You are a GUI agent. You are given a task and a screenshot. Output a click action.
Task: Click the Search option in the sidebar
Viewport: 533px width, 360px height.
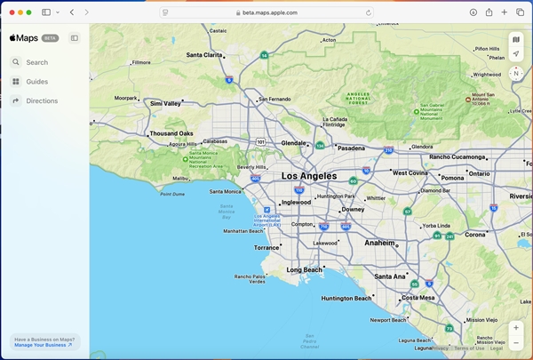point(36,62)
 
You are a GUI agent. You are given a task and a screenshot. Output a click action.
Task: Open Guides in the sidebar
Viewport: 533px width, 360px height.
point(36,82)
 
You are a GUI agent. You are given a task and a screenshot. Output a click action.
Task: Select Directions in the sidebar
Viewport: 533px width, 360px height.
point(41,101)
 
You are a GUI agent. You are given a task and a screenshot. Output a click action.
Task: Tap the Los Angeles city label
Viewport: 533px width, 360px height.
point(309,176)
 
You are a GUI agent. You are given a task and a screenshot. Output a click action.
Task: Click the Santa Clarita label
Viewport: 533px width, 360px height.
point(204,55)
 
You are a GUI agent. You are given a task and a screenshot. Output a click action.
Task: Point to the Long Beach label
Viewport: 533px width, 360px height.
point(305,269)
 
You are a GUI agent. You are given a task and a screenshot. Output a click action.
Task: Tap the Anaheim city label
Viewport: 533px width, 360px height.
point(379,243)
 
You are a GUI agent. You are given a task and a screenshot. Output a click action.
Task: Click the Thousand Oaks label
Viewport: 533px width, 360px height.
point(171,134)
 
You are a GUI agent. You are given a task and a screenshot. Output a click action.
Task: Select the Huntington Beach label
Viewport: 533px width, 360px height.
point(346,299)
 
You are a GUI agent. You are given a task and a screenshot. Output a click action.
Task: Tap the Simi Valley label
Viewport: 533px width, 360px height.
point(165,104)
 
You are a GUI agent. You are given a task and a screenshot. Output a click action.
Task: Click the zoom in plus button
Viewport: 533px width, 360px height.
point(516,328)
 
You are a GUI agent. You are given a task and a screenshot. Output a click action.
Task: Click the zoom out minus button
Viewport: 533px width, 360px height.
point(516,343)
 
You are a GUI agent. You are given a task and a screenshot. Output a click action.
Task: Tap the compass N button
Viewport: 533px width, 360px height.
point(516,73)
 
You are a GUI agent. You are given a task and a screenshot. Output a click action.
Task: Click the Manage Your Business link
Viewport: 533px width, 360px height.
point(43,345)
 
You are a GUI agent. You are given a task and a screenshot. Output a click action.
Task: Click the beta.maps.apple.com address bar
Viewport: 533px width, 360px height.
point(266,12)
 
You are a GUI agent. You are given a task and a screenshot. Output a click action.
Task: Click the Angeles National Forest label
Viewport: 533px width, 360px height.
point(359,98)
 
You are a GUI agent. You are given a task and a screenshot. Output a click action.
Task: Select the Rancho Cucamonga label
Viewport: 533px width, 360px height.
point(457,157)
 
